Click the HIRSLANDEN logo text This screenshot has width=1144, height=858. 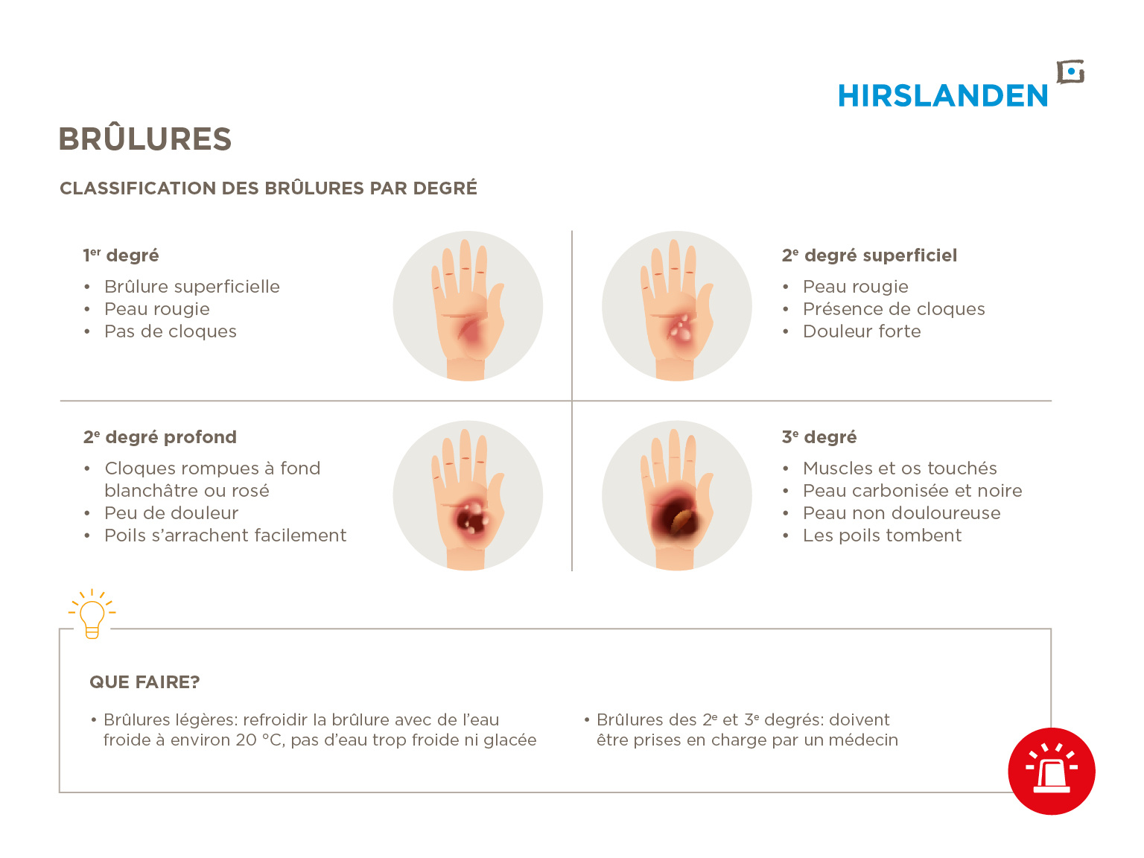coord(941,96)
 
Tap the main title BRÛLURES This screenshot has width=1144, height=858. coord(145,139)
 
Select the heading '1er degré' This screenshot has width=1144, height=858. coord(121,255)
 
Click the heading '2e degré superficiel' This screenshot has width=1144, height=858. coord(869,255)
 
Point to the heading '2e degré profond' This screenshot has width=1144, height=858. coord(160,437)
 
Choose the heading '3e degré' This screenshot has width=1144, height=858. coord(819,437)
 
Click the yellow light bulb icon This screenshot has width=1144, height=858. coord(92,614)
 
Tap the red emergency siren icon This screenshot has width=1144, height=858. coord(1051,771)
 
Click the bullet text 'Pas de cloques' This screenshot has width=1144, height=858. coord(171,331)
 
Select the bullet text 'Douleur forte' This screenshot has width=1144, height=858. coord(862,331)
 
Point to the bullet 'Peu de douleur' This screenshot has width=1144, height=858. coord(171,513)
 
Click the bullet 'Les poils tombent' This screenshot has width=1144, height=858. coord(882,536)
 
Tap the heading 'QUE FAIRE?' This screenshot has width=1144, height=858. coord(144,682)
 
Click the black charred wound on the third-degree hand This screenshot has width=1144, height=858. coord(676,518)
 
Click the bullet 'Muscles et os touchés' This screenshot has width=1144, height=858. coord(900,468)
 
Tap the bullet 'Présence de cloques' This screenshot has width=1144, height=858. coord(894,309)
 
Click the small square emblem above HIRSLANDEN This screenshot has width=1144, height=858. coord(1070,72)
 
